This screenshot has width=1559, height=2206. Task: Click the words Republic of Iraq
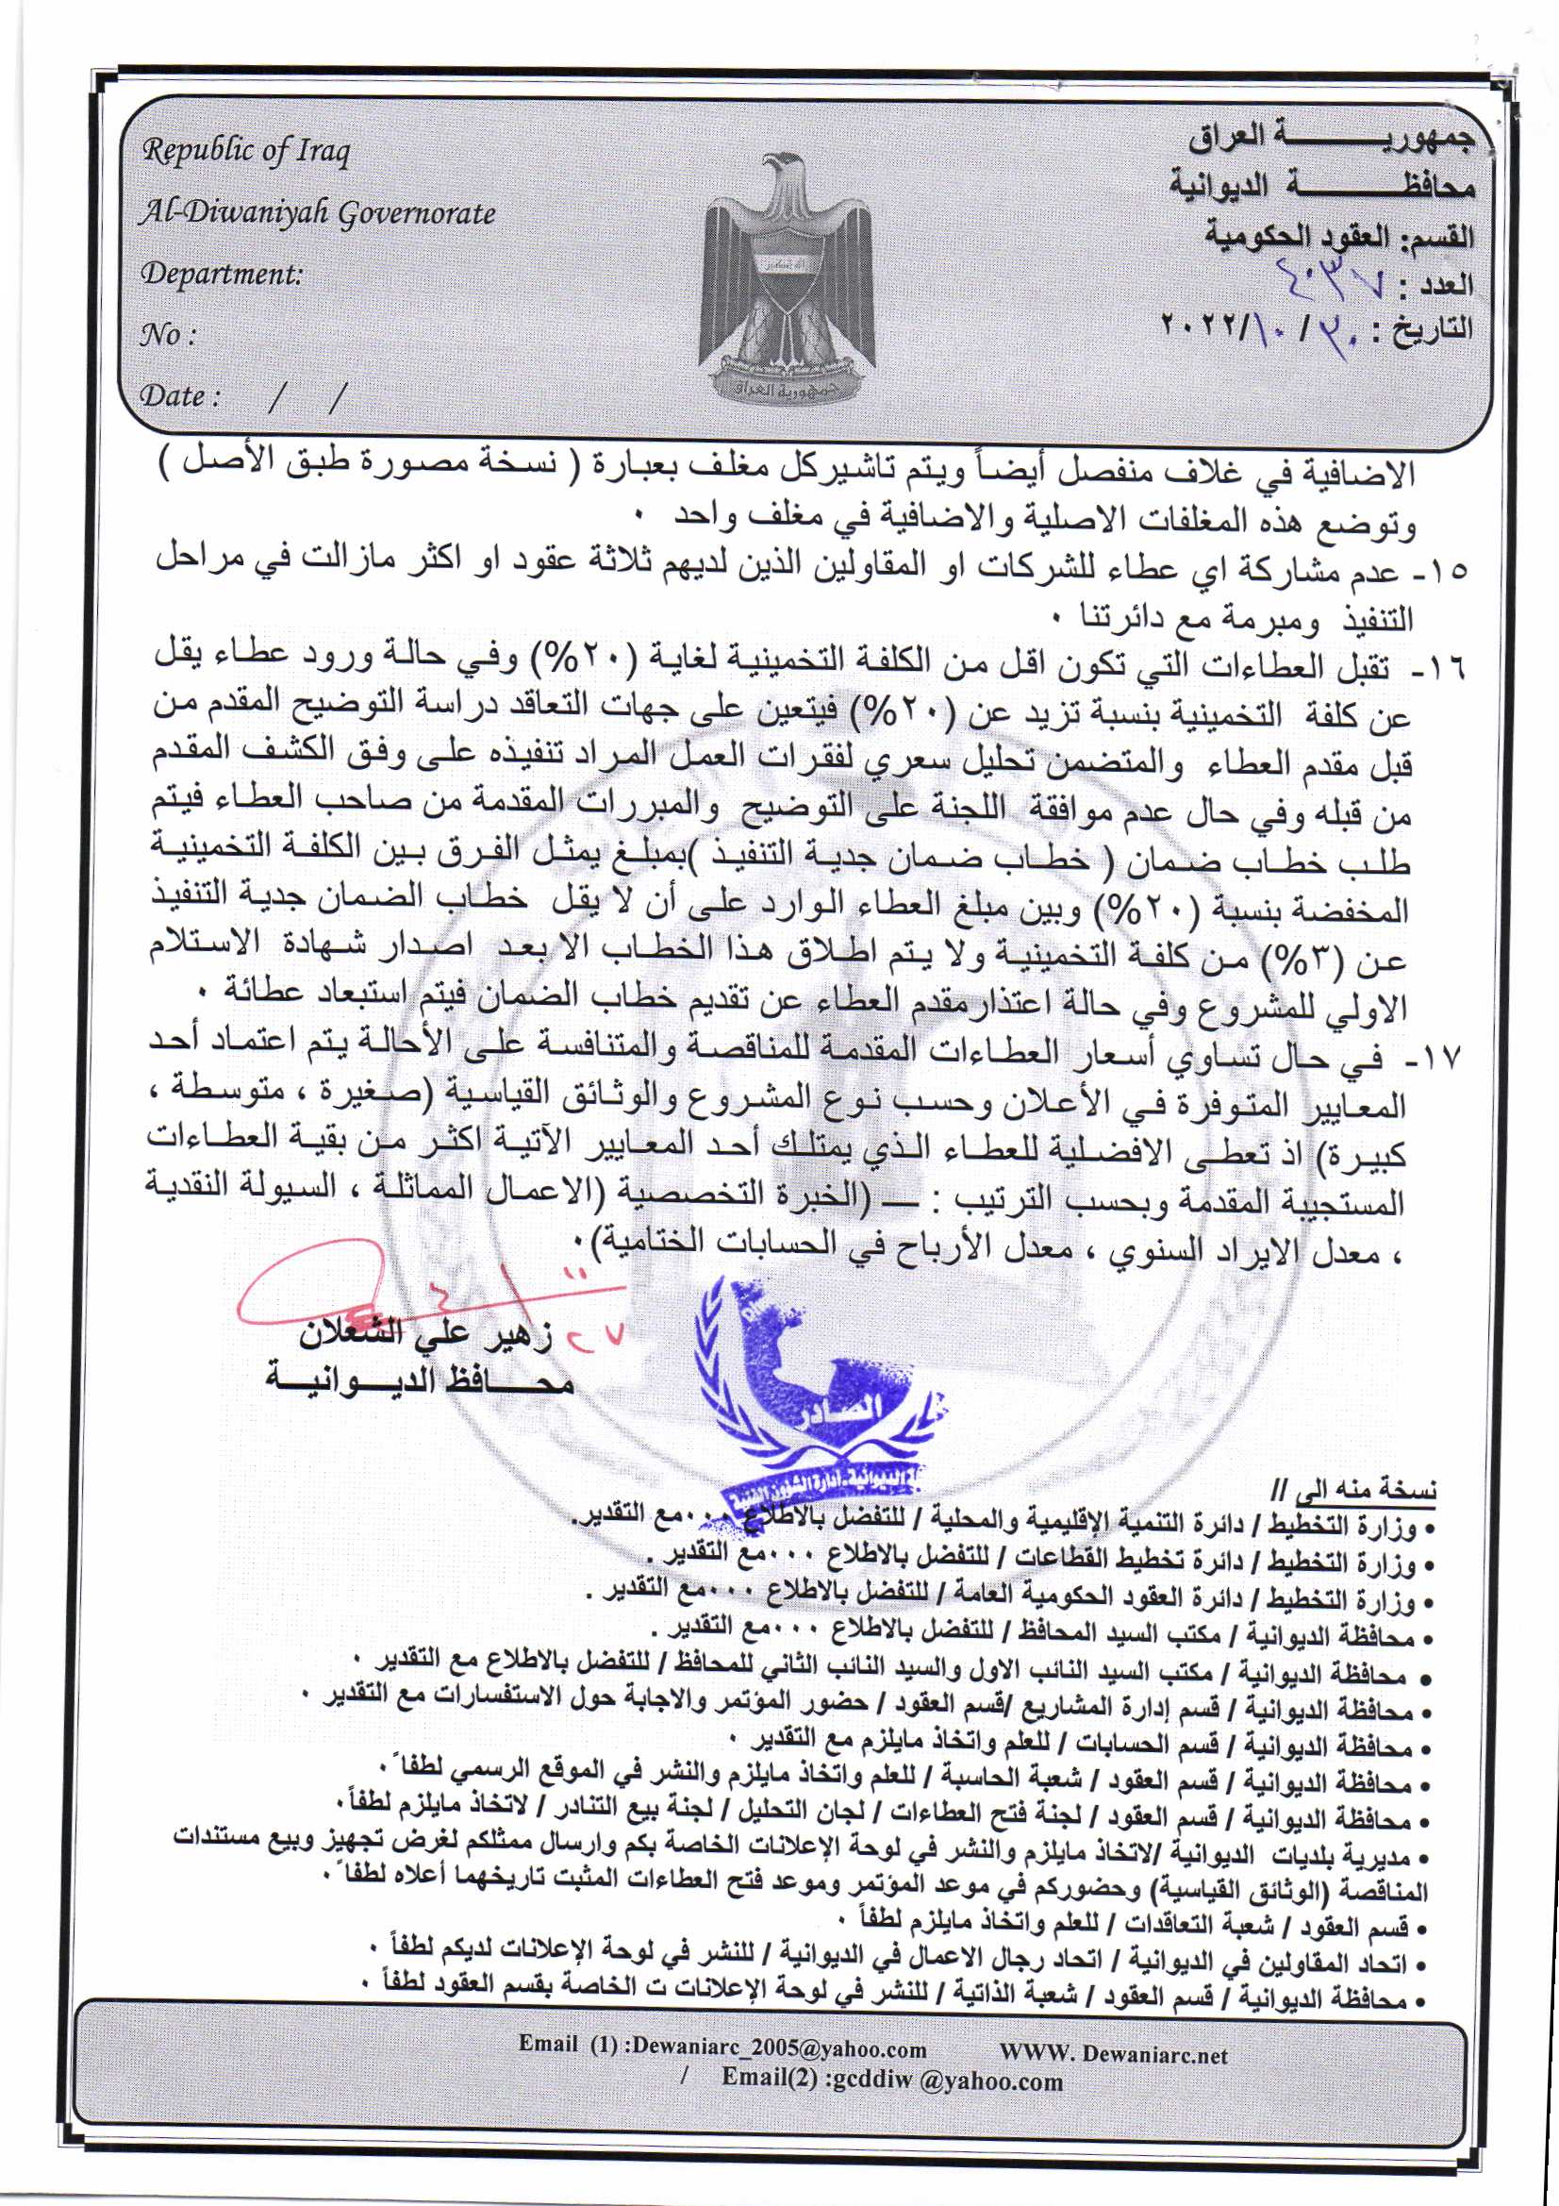tap(246, 152)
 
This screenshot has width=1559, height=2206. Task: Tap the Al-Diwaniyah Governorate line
tap(317, 213)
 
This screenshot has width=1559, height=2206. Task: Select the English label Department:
tap(222, 275)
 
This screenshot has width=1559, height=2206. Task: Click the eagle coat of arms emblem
tap(788, 278)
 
